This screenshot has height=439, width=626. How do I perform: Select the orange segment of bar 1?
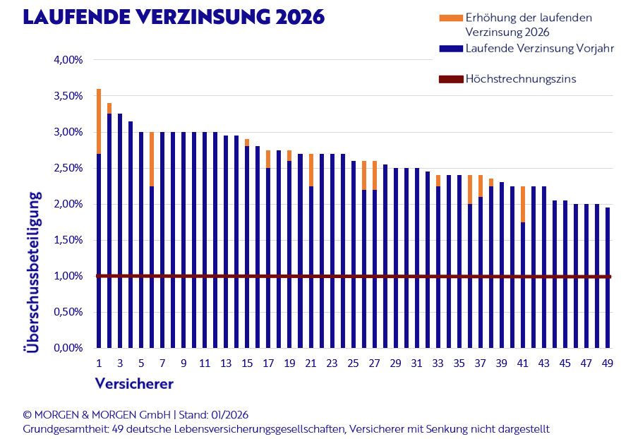[99, 121]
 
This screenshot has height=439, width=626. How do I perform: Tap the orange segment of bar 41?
[523, 204]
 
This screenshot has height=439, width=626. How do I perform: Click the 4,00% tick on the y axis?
[68, 60]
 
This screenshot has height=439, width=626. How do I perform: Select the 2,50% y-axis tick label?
[68, 168]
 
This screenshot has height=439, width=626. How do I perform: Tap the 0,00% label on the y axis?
[68, 348]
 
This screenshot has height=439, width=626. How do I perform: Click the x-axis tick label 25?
[353, 363]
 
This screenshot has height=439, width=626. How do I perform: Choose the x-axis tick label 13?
[226, 363]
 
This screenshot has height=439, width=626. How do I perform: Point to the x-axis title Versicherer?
[134, 384]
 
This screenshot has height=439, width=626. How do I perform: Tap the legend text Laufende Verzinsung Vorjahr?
[540, 49]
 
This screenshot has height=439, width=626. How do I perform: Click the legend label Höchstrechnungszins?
[521, 78]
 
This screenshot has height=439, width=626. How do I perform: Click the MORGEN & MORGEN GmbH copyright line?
[136, 414]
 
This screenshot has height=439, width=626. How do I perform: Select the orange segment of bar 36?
[470, 190]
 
